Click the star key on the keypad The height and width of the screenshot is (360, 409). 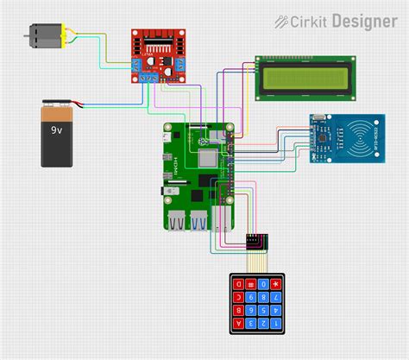276,284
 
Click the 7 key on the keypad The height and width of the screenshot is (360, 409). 276,298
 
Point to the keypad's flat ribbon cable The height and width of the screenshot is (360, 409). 255,258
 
